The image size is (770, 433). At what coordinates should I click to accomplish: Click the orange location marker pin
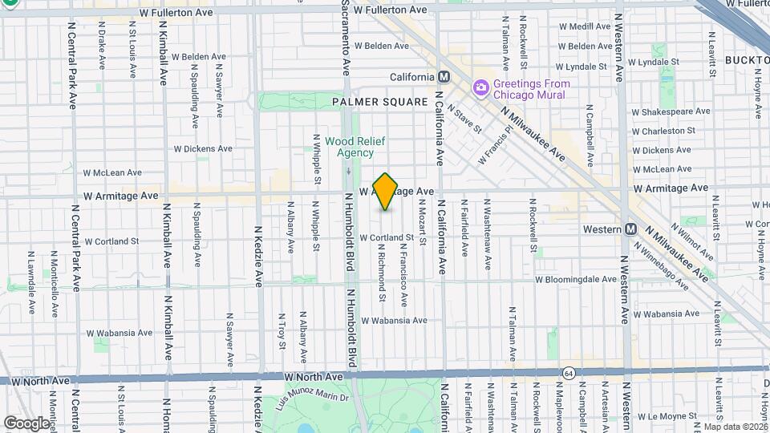point(386,192)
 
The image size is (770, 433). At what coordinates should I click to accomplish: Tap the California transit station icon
point(442,77)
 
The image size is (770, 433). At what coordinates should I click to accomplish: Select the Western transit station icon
point(631,229)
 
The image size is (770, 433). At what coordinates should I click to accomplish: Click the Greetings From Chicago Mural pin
point(480,87)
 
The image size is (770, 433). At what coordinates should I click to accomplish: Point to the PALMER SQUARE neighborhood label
point(369,102)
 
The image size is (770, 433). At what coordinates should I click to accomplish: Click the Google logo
point(26,423)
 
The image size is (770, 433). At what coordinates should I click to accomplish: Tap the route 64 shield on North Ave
point(568,373)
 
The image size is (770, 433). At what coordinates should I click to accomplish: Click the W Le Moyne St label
point(668,417)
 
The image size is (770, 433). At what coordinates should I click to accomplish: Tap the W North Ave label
point(314,376)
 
